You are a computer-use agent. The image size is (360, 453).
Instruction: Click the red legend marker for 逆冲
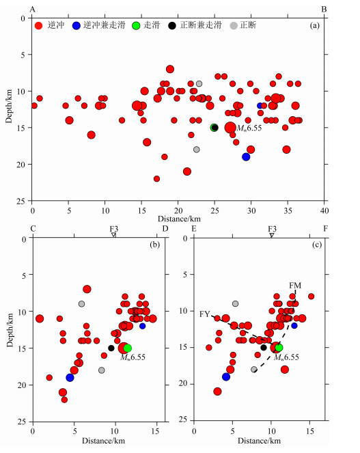click(x=38, y=26)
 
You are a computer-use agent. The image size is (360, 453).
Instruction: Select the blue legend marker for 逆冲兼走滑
click(x=77, y=26)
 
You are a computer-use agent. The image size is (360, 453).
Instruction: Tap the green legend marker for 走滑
click(x=136, y=26)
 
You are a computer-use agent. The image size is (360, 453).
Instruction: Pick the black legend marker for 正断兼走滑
click(x=172, y=26)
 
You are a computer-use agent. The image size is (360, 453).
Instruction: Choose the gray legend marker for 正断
click(x=234, y=26)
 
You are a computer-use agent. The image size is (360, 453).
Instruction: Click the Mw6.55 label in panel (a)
click(x=249, y=128)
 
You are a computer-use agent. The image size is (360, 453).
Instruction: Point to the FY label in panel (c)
click(x=204, y=314)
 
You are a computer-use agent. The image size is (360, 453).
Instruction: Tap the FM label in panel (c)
click(x=295, y=286)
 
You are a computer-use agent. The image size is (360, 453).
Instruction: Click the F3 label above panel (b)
click(x=114, y=229)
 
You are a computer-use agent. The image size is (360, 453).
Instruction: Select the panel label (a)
click(x=315, y=26)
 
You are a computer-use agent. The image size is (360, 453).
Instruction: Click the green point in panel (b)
click(x=128, y=348)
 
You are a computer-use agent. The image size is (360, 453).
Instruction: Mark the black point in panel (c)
click(x=264, y=348)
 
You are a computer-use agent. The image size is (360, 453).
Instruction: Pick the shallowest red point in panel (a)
click(x=170, y=69)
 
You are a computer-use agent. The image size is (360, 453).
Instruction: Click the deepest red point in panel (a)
click(x=156, y=179)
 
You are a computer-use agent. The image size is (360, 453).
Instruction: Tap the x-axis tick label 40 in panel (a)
click(x=324, y=210)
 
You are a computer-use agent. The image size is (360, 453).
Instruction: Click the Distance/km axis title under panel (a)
click(x=179, y=219)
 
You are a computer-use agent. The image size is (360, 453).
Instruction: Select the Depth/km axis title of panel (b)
click(x=10, y=330)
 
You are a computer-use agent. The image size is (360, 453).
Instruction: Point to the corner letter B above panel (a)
click(x=324, y=10)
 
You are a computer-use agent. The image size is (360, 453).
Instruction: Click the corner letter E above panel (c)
click(x=194, y=229)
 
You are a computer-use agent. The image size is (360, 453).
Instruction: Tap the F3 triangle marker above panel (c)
click(x=272, y=236)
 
